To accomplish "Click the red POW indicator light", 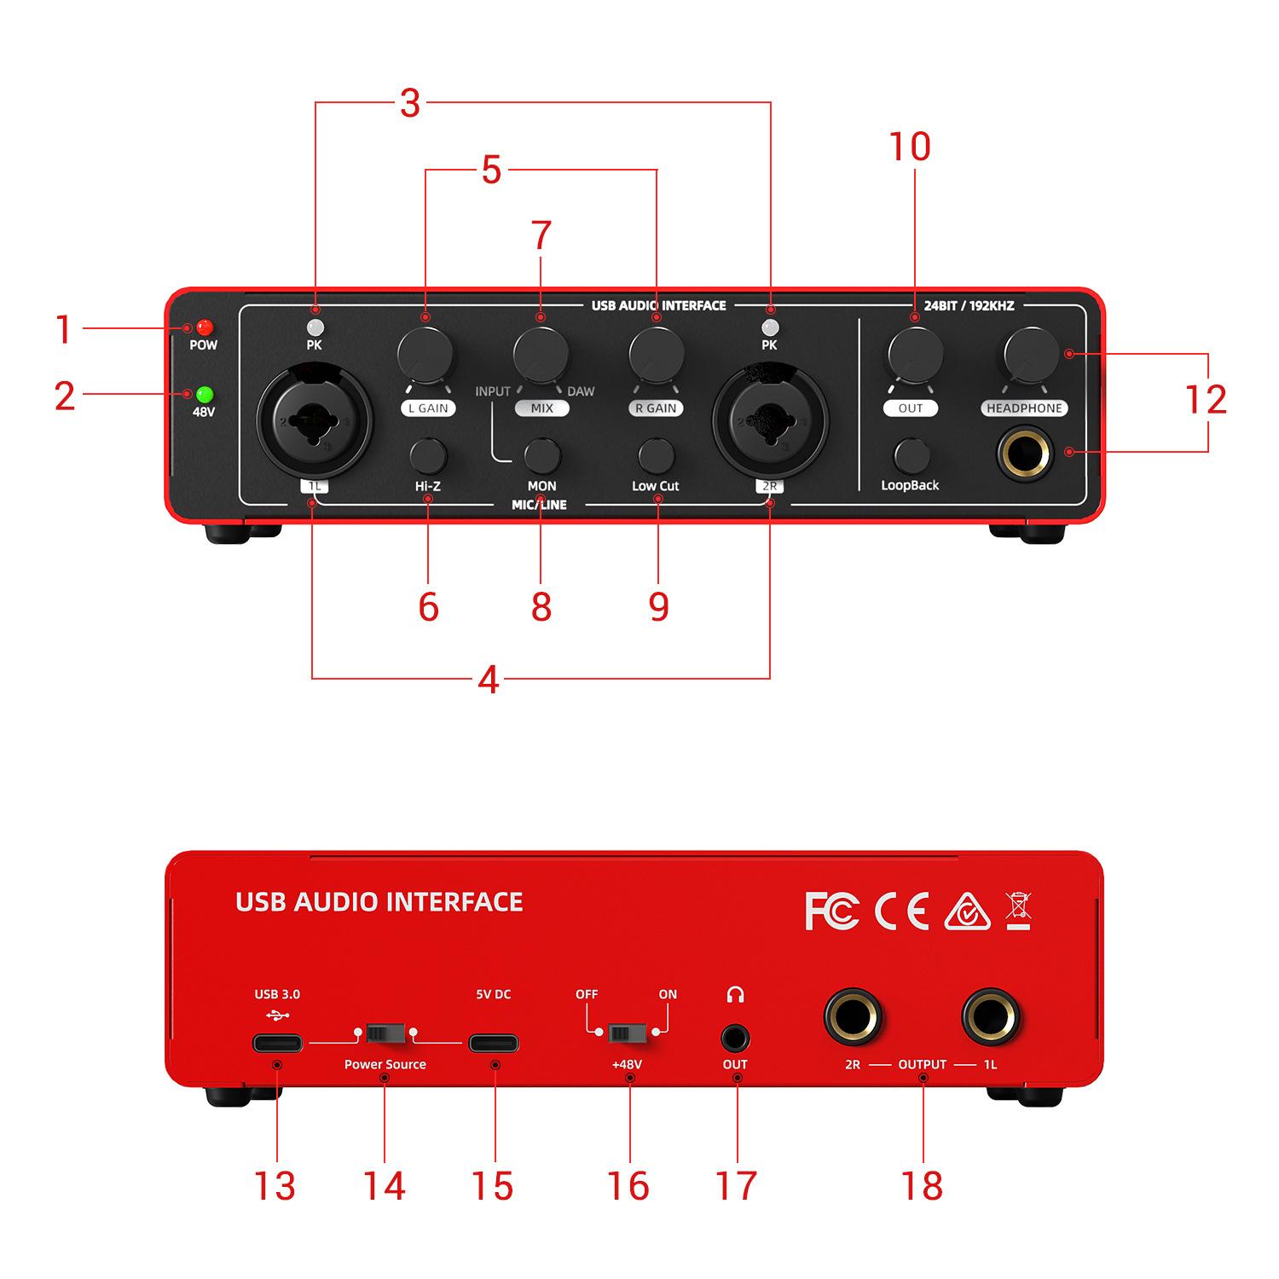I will [204, 327].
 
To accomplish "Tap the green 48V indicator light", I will [204, 395].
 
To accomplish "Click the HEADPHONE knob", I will [1031, 352].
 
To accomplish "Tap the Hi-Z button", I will [428, 456].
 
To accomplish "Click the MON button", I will [541, 456].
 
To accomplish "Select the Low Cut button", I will [657, 456].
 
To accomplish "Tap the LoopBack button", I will [912, 456].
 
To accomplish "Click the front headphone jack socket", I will [1025, 451].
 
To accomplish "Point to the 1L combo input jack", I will [314, 420].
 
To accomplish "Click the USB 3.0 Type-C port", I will [277, 1043].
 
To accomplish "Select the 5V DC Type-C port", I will [493, 1043].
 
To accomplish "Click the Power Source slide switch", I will [385, 1033].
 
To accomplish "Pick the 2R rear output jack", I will [853, 1017].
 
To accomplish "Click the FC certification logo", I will [831, 912].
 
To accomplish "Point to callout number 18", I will [922, 1186].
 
